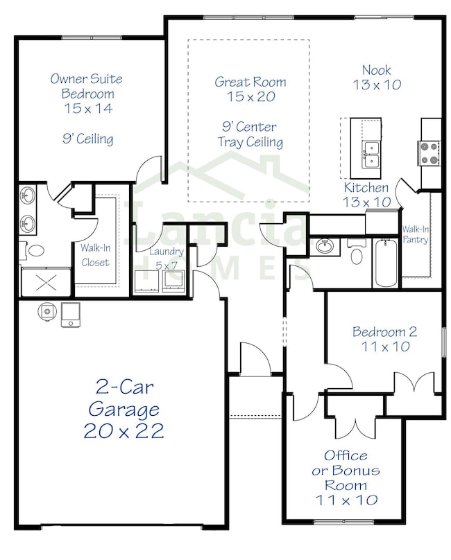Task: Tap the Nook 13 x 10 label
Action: point(377,77)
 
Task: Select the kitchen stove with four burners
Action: point(429,153)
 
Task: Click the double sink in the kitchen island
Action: point(371,155)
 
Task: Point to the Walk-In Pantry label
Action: point(415,234)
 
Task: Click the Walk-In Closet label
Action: point(95,255)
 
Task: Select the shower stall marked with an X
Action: point(46,282)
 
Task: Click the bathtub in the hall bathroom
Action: point(386,263)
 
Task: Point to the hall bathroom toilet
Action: point(356,252)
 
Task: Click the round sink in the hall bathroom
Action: point(325,246)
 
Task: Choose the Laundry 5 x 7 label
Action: point(167,259)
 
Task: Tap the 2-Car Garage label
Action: point(124,410)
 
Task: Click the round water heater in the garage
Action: point(47,311)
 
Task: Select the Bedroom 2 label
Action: point(385,339)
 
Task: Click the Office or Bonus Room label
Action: point(346,478)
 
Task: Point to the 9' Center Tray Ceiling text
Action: point(250,134)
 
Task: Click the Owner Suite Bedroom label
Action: point(87,93)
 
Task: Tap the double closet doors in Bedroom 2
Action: point(414,383)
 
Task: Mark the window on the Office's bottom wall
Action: point(343,522)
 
